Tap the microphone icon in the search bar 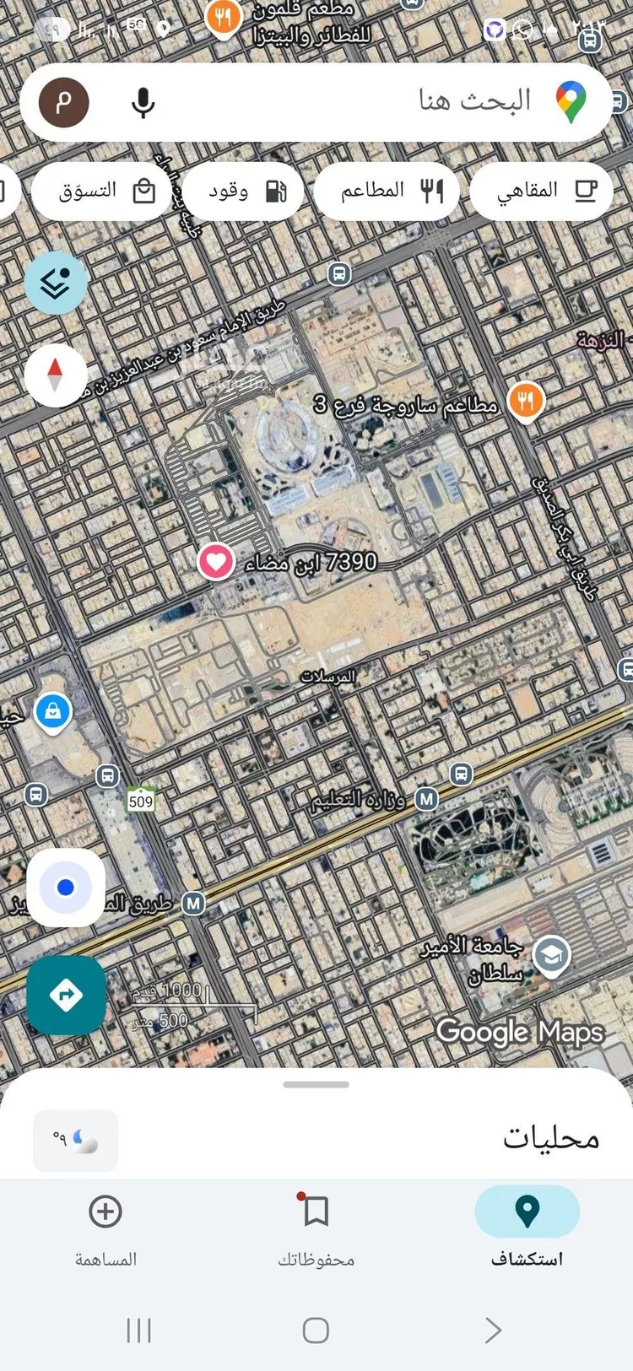(x=143, y=103)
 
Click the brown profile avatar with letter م (x=64, y=103)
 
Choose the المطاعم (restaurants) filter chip (x=387, y=191)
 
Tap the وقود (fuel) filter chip (x=244, y=191)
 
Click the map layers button (x=56, y=283)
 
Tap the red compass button (x=56, y=375)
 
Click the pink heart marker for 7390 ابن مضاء (x=216, y=562)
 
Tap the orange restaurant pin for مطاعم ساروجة (x=526, y=401)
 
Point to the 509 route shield (x=141, y=801)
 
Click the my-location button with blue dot (x=66, y=888)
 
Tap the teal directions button (x=66, y=995)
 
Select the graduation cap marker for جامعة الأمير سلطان (x=551, y=956)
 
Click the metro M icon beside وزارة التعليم (x=427, y=798)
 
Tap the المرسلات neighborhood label (x=328, y=677)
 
